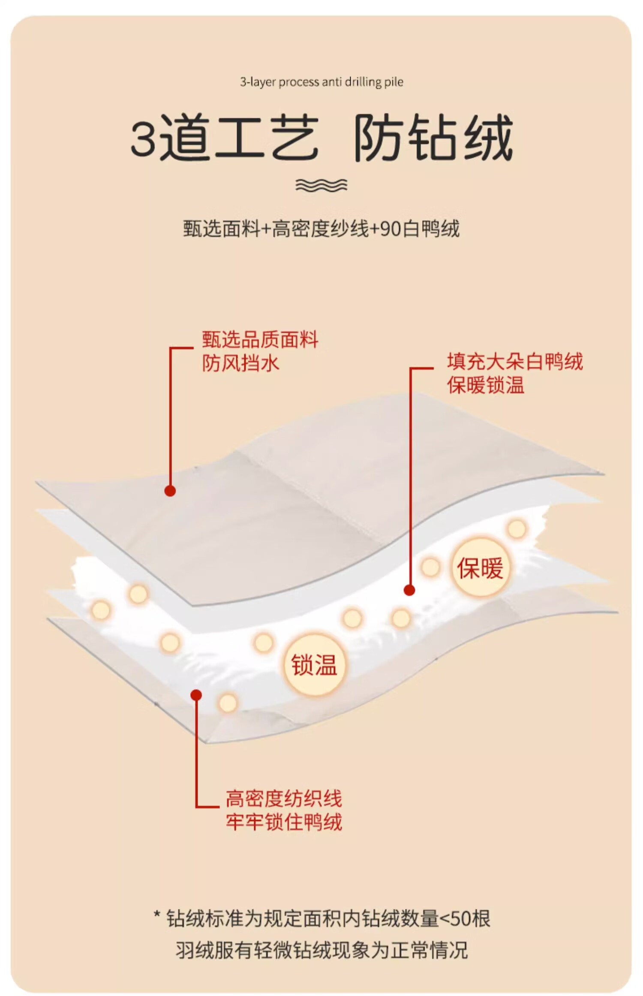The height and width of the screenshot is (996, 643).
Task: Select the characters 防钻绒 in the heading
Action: click(x=433, y=138)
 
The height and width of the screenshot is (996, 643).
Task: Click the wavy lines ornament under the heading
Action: click(x=321, y=185)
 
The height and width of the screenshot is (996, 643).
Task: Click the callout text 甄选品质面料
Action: click(x=260, y=340)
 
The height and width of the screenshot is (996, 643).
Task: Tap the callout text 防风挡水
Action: click(x=240, y=363)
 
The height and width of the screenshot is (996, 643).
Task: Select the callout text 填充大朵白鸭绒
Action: click(x=515, y=362)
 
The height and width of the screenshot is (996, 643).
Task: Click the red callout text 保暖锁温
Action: click(x=486, y=385)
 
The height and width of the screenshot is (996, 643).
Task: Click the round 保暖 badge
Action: click(x=480, y=568)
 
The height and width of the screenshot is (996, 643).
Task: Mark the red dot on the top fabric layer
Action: click(x=170, y=491)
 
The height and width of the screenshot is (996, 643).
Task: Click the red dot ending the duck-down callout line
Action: click(x=409, y=591)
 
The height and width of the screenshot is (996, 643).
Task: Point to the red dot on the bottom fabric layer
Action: click(x=196, y=695)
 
